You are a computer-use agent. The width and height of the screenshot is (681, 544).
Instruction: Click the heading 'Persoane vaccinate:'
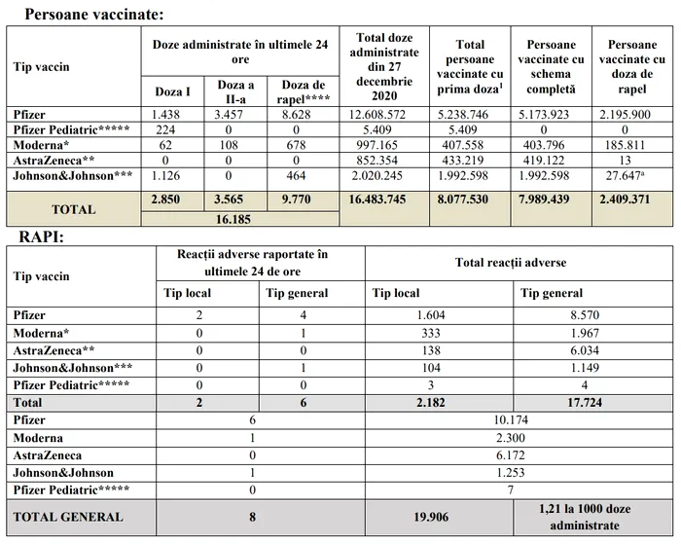point(93,15)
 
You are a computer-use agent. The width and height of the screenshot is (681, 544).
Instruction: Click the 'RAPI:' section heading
point(42,236)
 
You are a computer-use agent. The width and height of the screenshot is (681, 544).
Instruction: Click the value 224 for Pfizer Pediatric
point(164,128)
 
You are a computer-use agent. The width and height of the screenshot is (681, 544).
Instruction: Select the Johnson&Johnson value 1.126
point(164,175)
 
